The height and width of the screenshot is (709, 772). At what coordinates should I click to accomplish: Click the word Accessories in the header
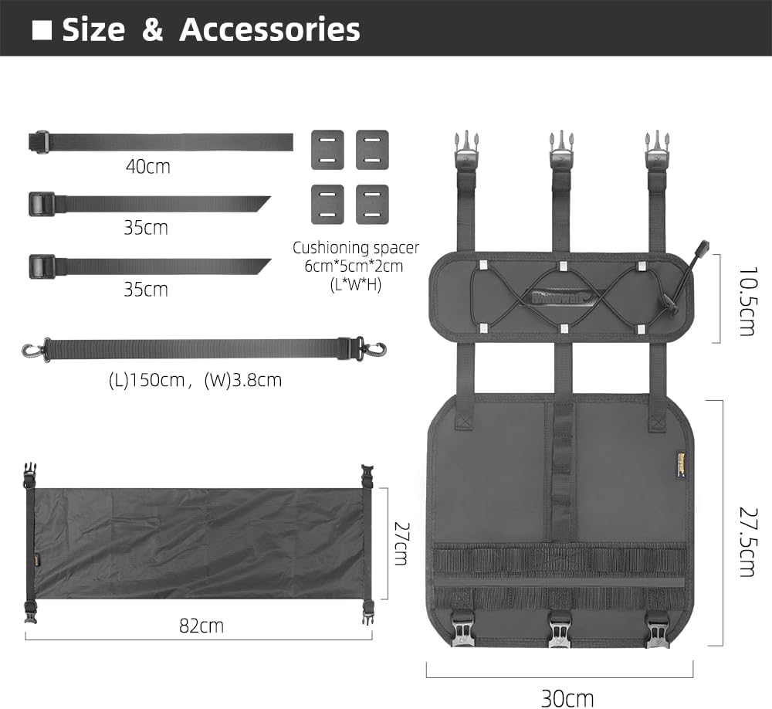pos(269,29)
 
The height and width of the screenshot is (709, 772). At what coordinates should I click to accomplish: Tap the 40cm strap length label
pos(147,166)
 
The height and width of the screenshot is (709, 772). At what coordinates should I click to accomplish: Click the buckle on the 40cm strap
pos(42,142)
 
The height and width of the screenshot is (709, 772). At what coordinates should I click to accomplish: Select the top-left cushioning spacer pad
pos(327,149)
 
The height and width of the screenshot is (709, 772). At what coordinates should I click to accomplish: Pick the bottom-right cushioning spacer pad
pos(371,204)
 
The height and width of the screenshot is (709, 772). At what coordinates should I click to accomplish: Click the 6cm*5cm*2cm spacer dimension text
pos(356,266)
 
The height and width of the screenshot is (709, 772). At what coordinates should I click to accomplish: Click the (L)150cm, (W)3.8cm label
pos(195,380)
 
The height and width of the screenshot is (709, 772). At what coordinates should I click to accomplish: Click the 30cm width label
pos(567,697)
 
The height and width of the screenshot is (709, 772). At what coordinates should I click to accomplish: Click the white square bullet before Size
pos(42,29)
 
